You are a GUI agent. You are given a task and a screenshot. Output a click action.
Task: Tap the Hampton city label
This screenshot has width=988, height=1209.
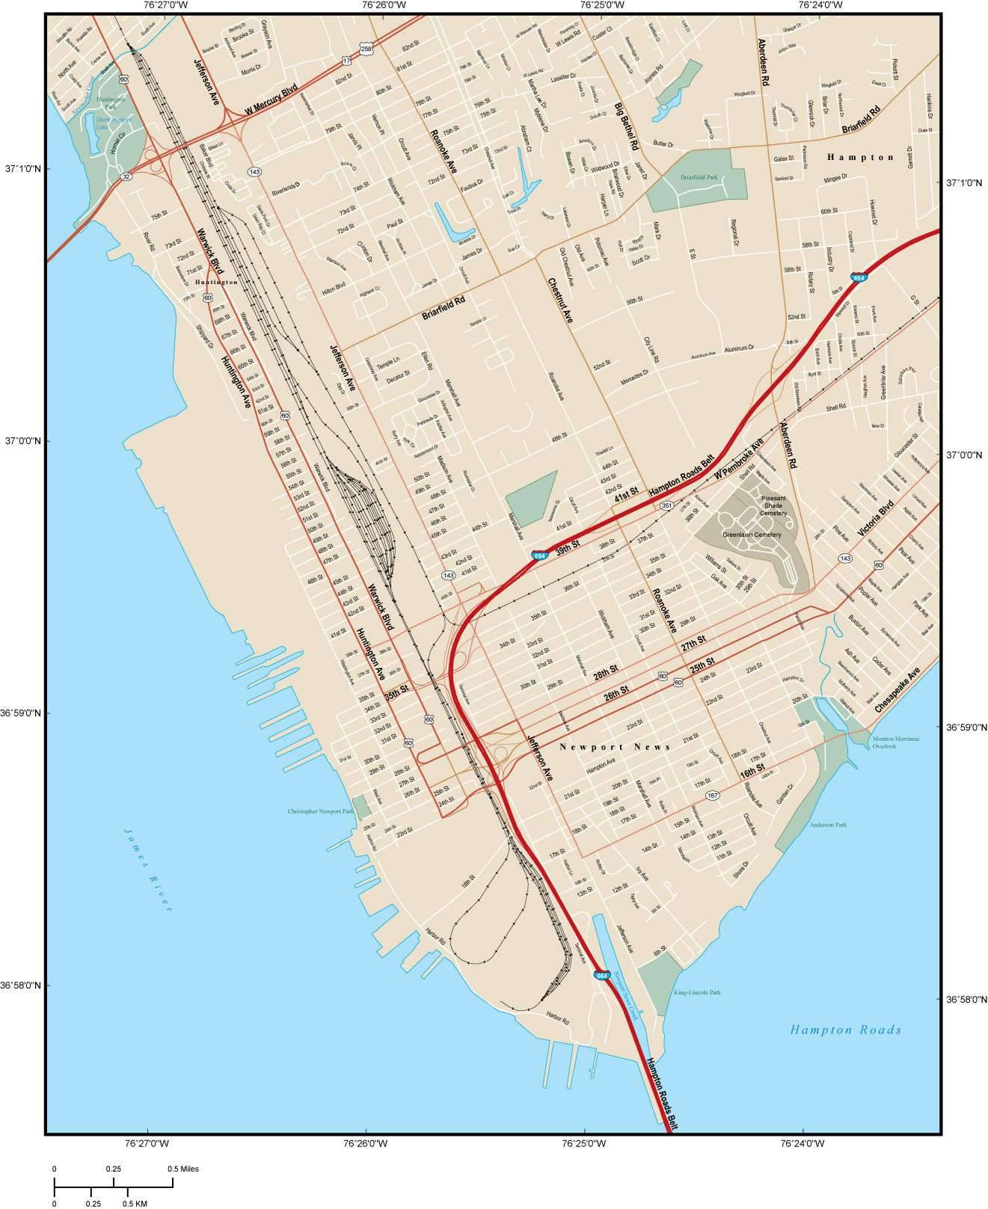860,157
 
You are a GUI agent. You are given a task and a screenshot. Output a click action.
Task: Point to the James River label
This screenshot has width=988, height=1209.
148,870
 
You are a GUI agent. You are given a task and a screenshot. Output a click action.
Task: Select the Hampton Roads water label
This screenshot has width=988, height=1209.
846,1030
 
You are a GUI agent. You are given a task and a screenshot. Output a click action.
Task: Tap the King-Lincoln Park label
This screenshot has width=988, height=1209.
696,993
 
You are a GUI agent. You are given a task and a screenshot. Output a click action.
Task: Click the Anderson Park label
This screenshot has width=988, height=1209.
828,825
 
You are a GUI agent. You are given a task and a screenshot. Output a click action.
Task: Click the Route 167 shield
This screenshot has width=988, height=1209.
712,795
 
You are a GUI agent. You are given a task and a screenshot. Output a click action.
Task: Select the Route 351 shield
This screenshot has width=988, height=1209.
666,506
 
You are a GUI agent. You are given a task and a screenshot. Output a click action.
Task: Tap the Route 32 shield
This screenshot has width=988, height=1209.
125,176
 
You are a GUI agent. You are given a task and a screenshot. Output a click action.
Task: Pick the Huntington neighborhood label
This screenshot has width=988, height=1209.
216,283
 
